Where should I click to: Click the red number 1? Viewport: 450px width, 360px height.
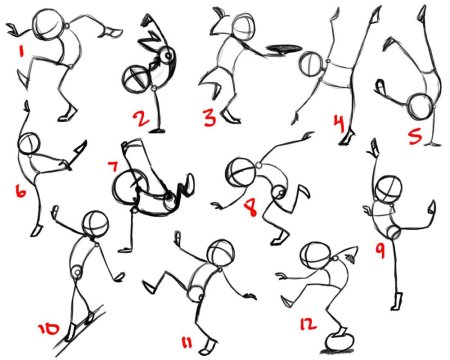pos(22,52)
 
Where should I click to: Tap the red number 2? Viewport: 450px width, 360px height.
pos(141,119)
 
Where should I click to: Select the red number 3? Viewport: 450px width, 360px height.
pos(210,117)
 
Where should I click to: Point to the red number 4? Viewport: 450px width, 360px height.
pos(339,123)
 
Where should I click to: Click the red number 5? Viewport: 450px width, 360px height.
pos(415,136)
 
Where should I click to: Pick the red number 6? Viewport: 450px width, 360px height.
pos(20,191)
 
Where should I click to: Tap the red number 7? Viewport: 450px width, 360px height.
pos(113,166)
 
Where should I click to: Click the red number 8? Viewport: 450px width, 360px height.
pos(251,207)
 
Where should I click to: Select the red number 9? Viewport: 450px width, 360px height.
pos(380,250)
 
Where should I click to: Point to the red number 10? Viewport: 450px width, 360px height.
pos(49,329)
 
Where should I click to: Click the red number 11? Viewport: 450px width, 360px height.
pos(187,342)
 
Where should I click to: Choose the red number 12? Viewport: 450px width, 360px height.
pos(308,324)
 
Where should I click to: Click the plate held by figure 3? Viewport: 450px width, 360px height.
pos(283,49)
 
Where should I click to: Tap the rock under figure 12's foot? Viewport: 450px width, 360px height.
pos(339,342)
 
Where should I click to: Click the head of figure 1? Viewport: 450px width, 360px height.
pos(49,24)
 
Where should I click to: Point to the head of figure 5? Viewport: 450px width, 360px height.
pos(421,106)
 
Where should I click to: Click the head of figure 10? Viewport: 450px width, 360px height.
pos(95,224)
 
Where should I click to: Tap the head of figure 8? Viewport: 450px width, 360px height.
pos(240,172)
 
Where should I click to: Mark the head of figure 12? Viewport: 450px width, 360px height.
pos(315,256)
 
